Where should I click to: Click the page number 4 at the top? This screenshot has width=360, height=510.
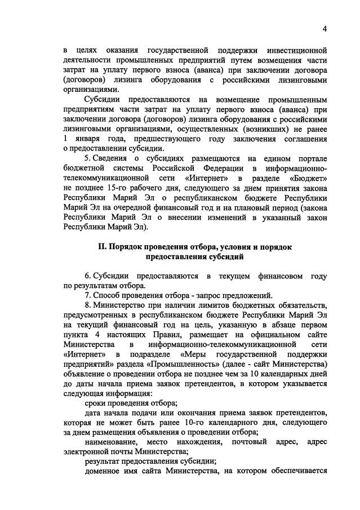[x=325, y=29]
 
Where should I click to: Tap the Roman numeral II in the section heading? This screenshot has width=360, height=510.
[x=101, y=247]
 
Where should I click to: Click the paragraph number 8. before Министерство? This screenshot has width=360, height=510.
[x=88, y=305]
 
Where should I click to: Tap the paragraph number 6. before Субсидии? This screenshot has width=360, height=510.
[x=88, y=276]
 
